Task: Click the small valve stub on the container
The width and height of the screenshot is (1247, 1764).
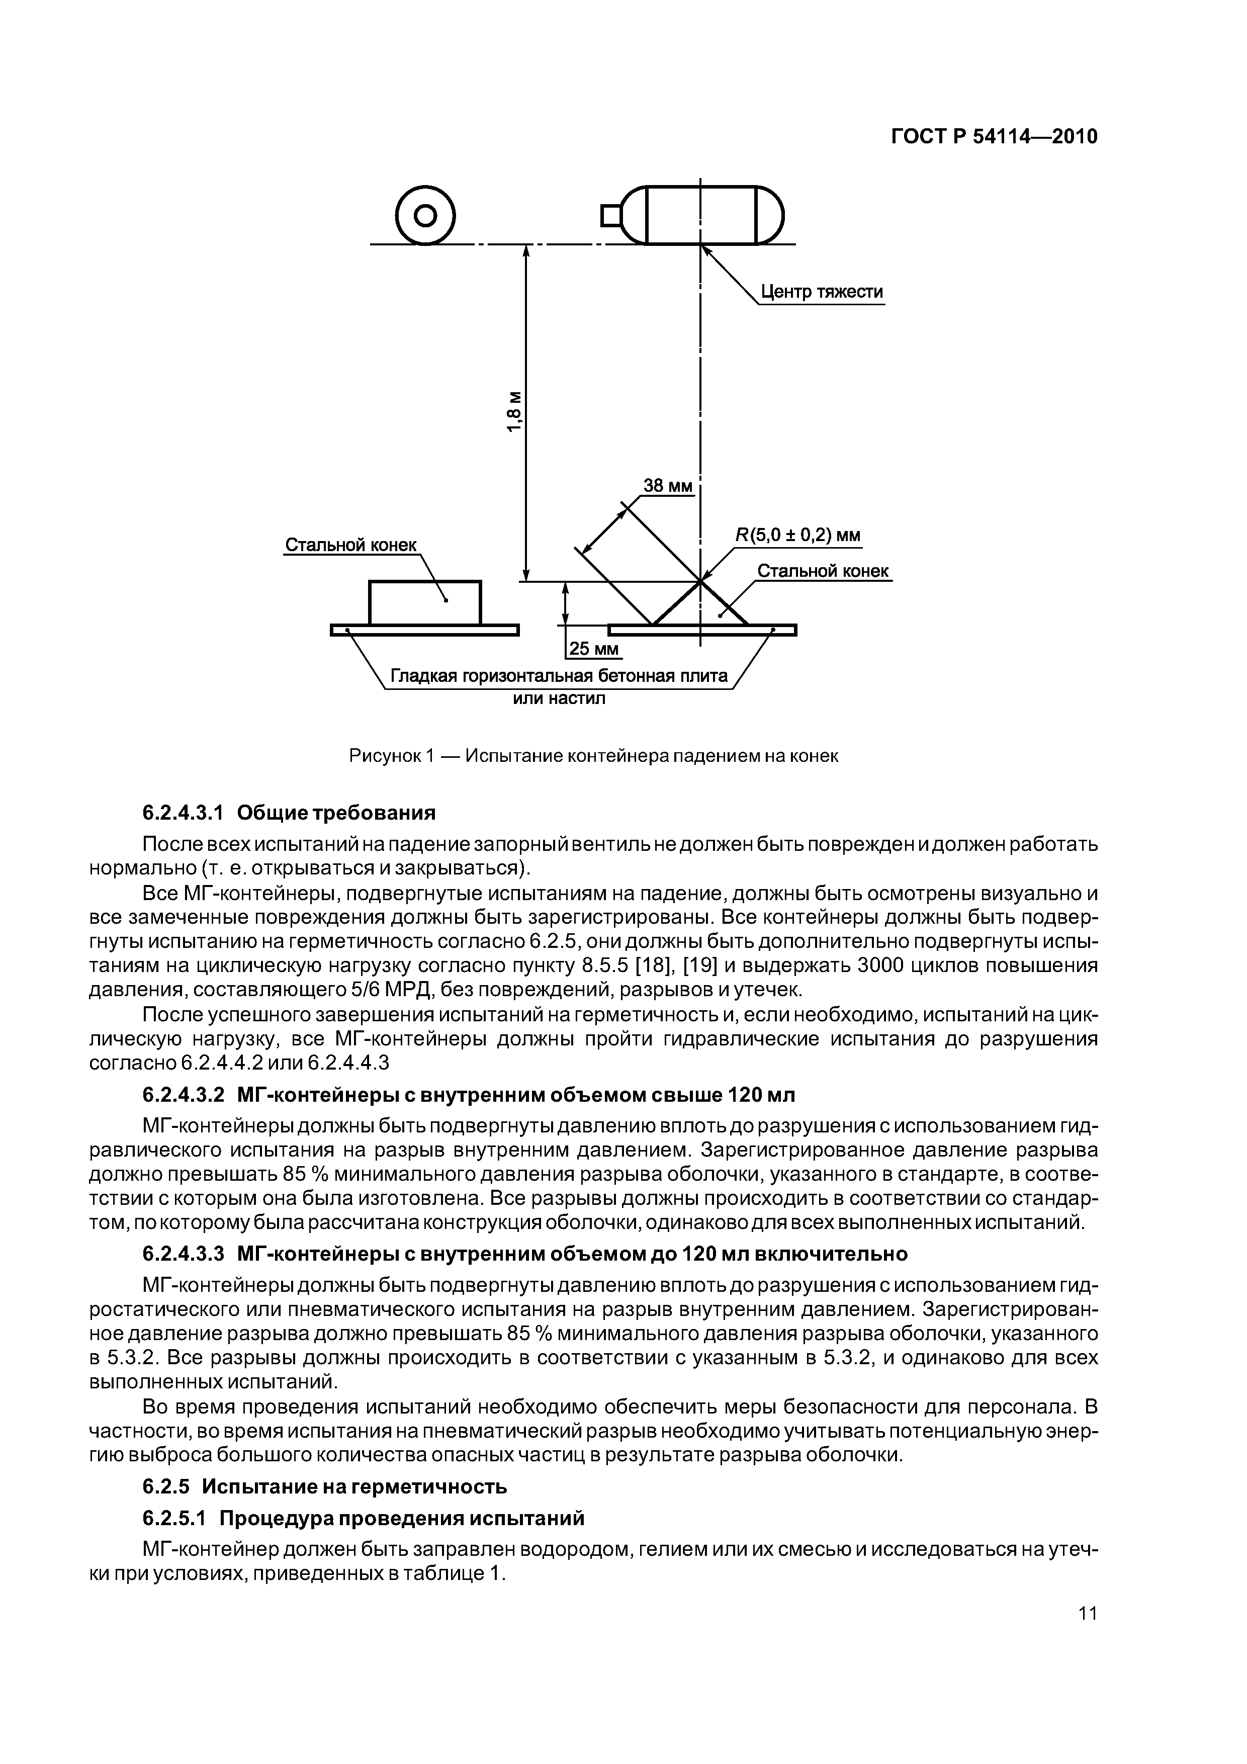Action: click(x=611, y=215)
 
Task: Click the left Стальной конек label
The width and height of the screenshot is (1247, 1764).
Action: click(x=350, y=545)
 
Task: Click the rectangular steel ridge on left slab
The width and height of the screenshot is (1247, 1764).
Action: click(x=425, y=602)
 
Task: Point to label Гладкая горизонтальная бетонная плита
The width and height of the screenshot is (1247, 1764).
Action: click(x=559, y=676)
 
